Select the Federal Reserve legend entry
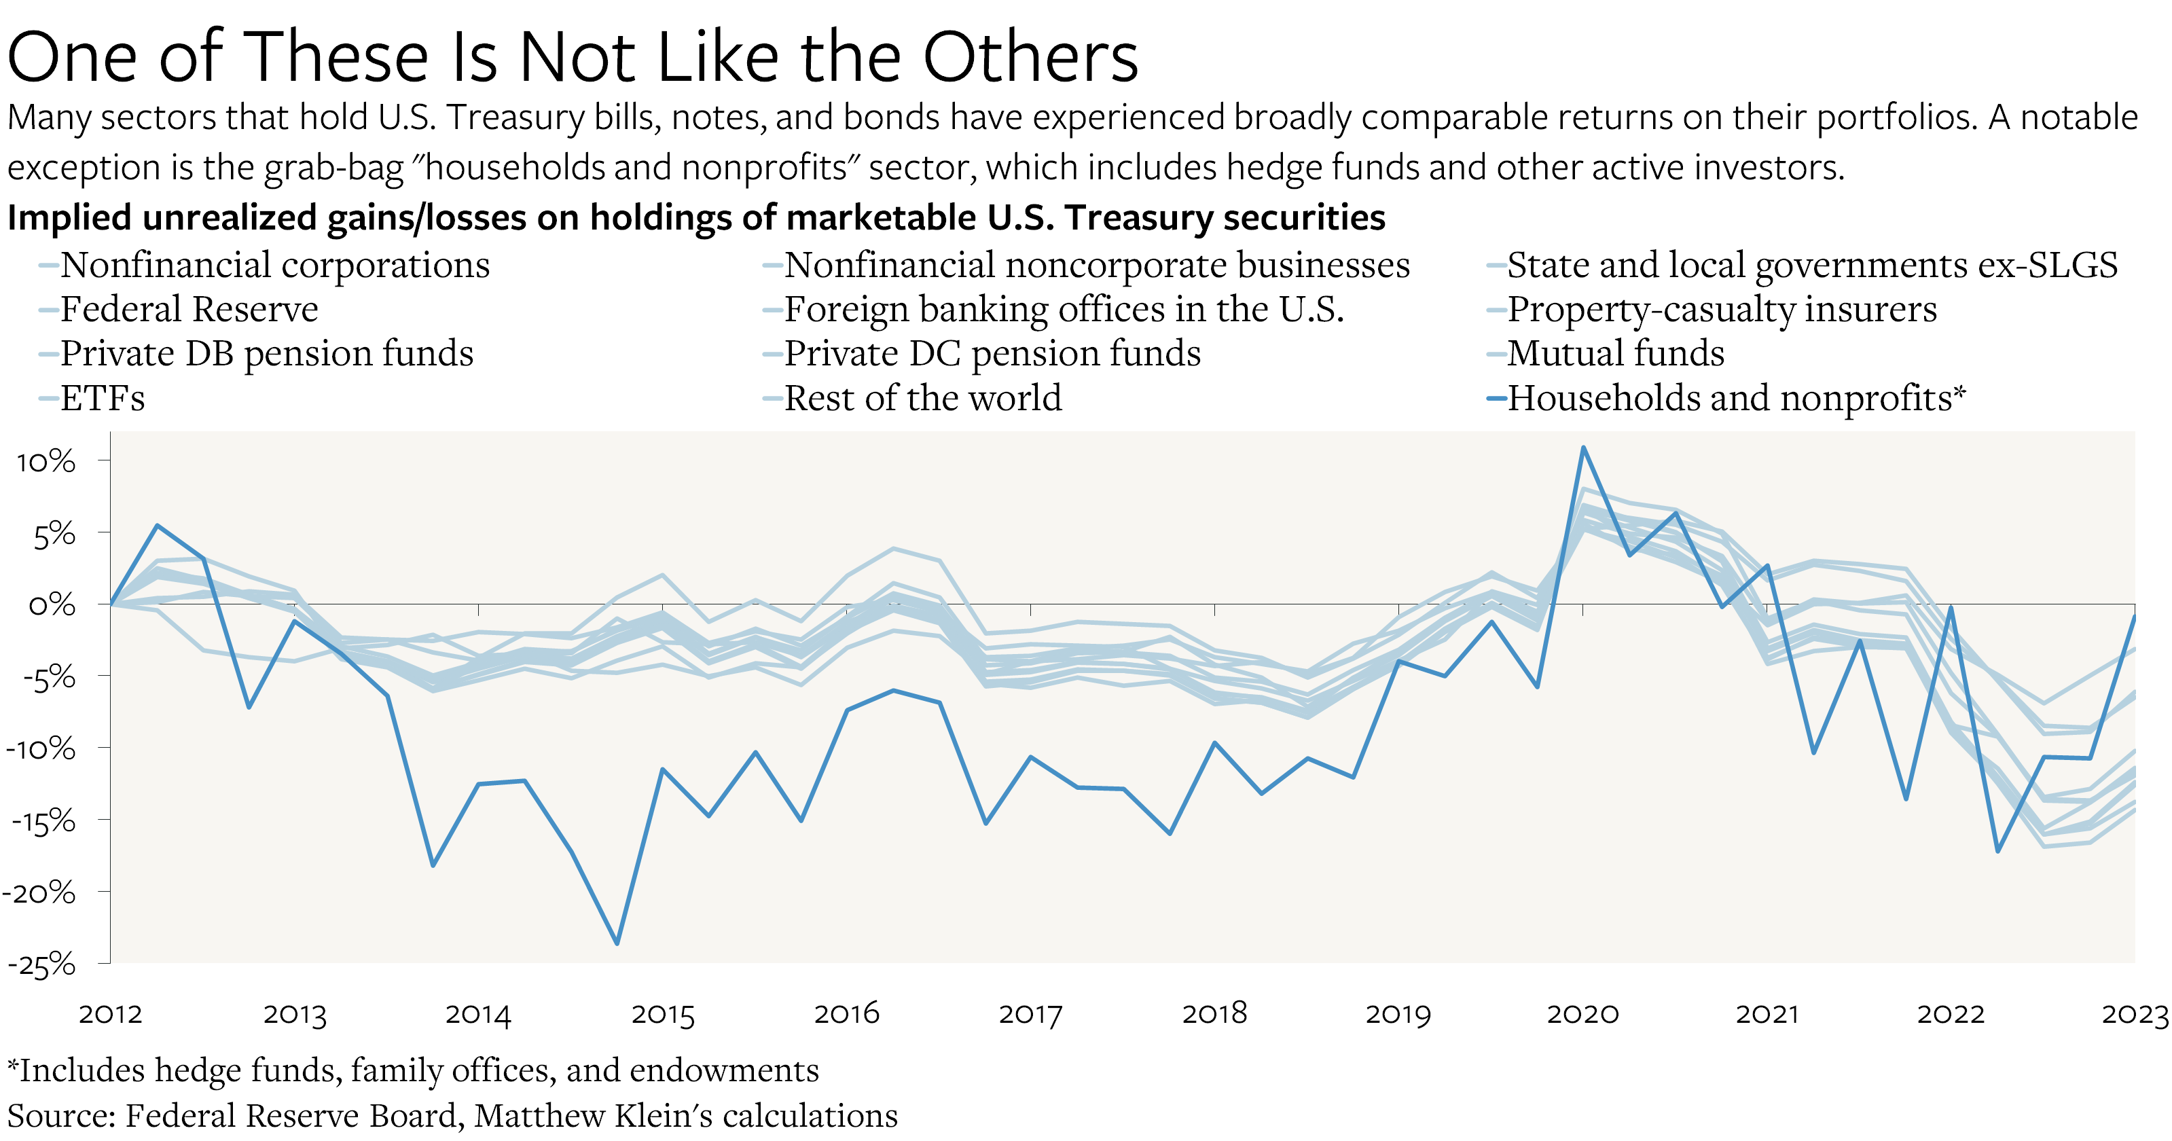click(189, 310)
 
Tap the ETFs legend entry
click(102, 398)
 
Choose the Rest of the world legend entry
click(922, 398)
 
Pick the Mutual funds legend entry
click(1614, 353)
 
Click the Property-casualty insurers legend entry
click(1721, 310)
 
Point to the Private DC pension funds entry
click(992, 353)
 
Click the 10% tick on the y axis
click(46, 461)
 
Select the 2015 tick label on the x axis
click(663, 1014)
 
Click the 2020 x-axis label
click(1582, 1014)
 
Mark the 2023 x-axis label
click(2134, 1014)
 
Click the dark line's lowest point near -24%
click(617, 943)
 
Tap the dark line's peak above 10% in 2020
click(1583, 448)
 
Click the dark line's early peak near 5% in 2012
click(158, 526)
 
